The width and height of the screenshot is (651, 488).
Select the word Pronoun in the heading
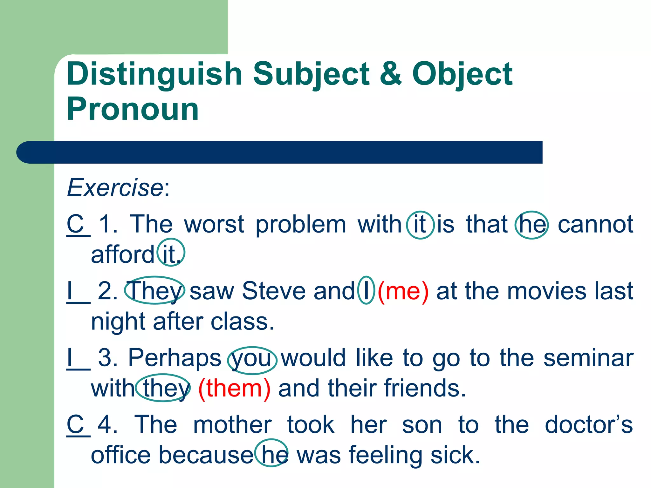(133, 109)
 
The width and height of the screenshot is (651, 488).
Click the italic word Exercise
(115, 187)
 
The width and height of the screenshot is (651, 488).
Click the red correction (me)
(403, 291)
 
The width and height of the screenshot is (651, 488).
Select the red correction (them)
(234, 388)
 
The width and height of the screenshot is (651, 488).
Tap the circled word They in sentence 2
(155, 290)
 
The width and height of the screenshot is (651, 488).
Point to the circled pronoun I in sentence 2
(366, 290)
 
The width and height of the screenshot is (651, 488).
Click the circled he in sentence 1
(531, 225)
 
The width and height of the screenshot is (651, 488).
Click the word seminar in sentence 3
(588, 358)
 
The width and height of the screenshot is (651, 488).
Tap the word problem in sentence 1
(301, 225)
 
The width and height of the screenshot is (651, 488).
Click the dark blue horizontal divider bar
(280, 152)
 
